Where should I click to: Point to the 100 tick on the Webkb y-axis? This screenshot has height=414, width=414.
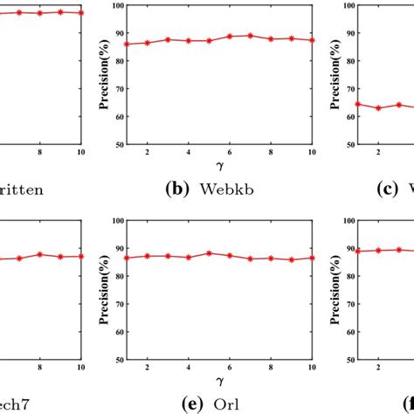tap(115, 5)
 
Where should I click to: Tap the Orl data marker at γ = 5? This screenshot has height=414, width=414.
tap(209, 253)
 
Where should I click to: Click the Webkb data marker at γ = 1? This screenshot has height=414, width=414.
tap(127, 44)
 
